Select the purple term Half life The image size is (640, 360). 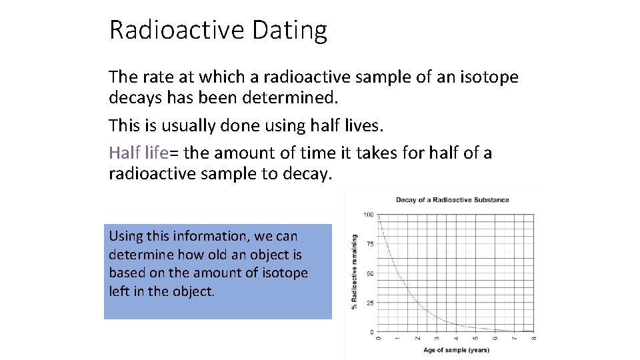(139, 153)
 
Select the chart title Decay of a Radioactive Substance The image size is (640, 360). (452, 200)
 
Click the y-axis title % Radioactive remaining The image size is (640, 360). (354, 271)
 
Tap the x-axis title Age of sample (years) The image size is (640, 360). (456, 350)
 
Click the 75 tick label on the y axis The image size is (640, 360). (370, 244)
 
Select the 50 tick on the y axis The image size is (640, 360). (370, 273)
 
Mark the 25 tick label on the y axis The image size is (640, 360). (370, 303)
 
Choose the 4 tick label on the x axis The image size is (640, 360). (456, 339)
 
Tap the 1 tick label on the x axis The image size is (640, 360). (398, 339)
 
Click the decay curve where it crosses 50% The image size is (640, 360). (398, 273)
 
